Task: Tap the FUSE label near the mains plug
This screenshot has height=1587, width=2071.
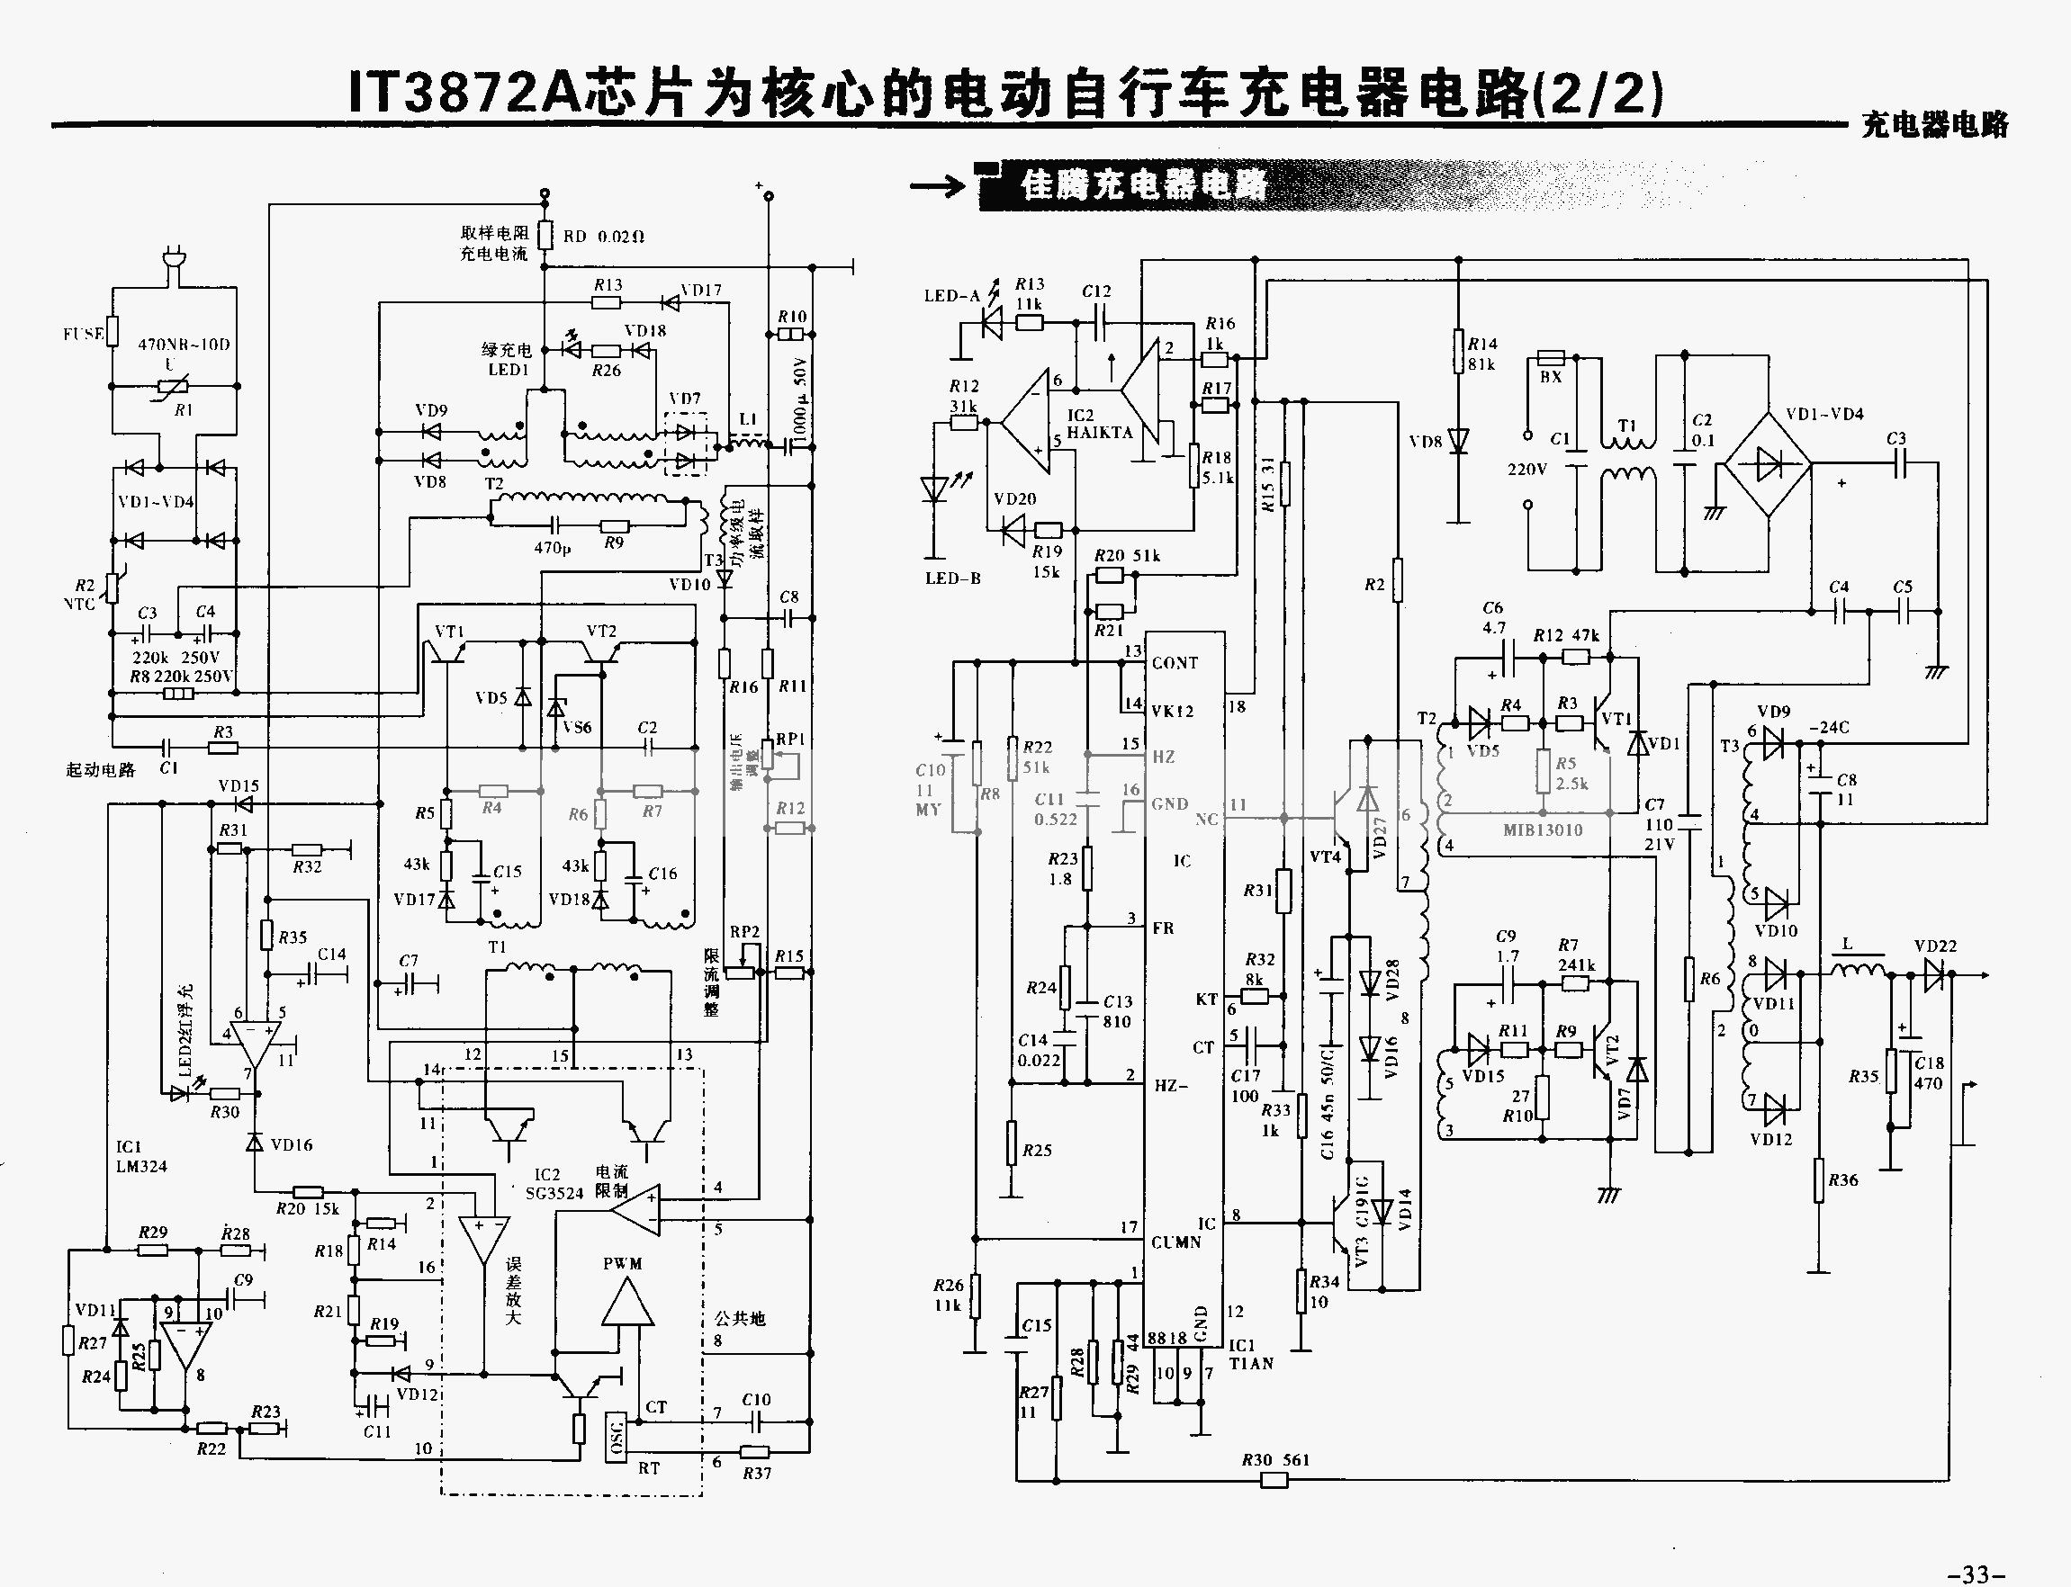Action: pyautogui.click(x=82, y=335)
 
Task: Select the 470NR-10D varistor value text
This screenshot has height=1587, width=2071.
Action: pyautogui.click(x=185, y=345)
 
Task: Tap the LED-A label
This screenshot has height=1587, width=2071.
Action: pyautogui.click(x=952, y=296)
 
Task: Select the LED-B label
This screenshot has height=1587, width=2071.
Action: pyautogui.click(x=953, y=578)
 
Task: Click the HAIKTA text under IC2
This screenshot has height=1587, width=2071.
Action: pyautogui.click(x=1100, y=433)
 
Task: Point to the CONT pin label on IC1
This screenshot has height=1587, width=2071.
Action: pyautogui.click(x=1175, y=663)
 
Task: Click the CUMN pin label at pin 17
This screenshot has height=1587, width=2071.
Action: pyautogui.click(x=1175, y=1242)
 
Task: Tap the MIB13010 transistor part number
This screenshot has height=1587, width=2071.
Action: pyautogui.click(x=1543, y=830)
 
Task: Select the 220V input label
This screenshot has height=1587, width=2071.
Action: pyautogui.click(x=1526, y=470)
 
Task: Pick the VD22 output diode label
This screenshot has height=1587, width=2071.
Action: pyautogui.click(x=1935, y=946)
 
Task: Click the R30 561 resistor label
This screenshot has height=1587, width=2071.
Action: pyautogui.click(x=1275, y=1459)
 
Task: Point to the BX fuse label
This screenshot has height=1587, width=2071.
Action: pyautogui.click(x=1551, y=377)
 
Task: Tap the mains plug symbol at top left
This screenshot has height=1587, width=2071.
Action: pyautogui.click(x=174, y=260)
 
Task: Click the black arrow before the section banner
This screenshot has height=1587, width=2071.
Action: pyautogui.click(x=938, y=185)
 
